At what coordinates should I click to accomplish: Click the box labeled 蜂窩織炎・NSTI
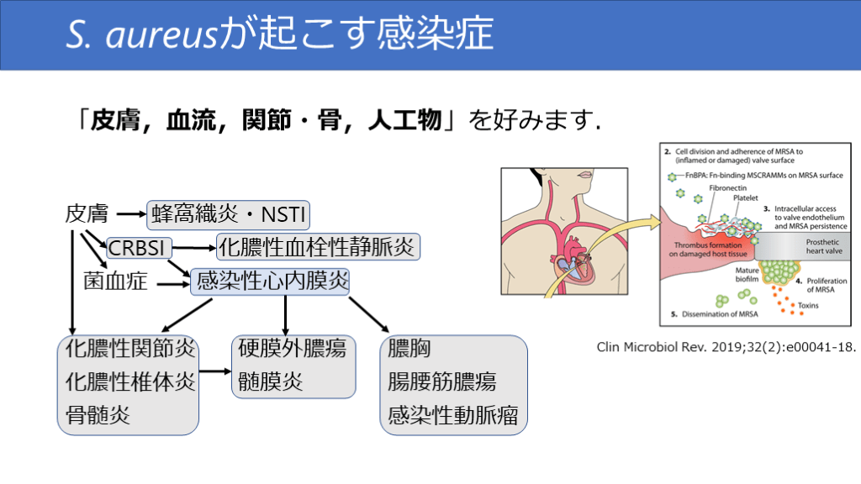tap(229, 216)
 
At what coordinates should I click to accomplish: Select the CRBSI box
tap(140, 248)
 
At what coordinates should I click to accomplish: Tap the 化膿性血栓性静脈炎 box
tap(318, 247)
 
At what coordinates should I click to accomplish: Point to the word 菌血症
tap(115, 281)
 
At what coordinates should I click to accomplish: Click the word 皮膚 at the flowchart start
tap(87, 214)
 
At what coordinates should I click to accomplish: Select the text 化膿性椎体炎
tap(130, 381)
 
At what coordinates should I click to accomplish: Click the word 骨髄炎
tap(98, 414)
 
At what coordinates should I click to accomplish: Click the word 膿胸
tap(409, 348)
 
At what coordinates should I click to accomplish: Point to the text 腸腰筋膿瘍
tap(441, 381)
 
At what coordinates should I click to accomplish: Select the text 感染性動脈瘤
tap(452, 414)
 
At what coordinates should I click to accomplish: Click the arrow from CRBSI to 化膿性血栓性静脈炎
tap(194, 248)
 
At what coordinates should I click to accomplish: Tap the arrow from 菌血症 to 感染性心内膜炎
tap(172, 283)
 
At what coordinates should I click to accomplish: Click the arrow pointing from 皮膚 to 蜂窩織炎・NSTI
tap(130, 215)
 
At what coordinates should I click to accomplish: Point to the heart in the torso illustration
tap(574, 251)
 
